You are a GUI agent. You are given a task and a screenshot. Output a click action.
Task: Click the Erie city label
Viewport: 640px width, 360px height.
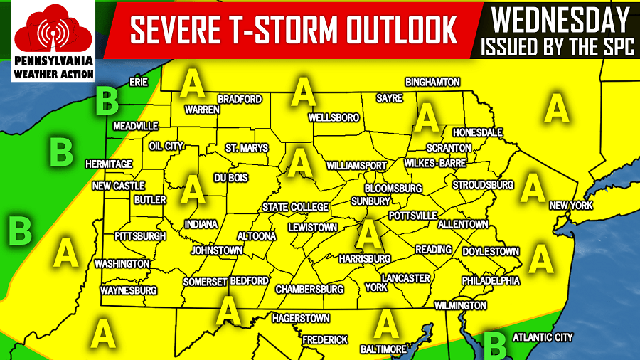tap(138, 82)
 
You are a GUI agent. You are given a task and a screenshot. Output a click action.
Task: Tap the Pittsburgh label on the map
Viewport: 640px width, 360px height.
tap(140, 235)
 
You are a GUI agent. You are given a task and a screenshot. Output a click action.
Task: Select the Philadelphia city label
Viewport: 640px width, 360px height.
tap(491, 280)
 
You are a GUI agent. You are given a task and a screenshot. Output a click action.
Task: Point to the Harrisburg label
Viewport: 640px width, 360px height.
tap(365, 258)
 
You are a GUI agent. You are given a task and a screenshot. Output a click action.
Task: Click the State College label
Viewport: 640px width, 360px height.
tap(295, 207)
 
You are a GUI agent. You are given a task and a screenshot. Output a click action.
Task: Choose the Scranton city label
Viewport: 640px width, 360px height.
tap(449, 147)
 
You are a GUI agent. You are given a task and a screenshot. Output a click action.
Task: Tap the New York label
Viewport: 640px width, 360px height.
tap(571, 206)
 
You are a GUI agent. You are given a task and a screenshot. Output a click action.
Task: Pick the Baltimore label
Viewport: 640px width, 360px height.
tap(383, 349)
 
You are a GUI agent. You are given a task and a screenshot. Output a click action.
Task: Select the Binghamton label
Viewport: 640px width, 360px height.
tap(433, 83)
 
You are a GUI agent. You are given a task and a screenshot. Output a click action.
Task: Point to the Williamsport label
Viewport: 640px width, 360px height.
tap(356, 165)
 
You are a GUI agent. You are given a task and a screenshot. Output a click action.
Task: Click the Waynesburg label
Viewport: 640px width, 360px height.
tap(128, 291)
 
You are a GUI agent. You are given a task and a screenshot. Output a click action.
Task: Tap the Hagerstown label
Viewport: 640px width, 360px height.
tap(301, 318)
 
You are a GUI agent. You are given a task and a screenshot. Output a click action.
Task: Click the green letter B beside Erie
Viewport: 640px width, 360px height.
tap(107, 100)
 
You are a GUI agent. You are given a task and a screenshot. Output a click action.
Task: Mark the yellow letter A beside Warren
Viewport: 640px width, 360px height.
tap(192, 84)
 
